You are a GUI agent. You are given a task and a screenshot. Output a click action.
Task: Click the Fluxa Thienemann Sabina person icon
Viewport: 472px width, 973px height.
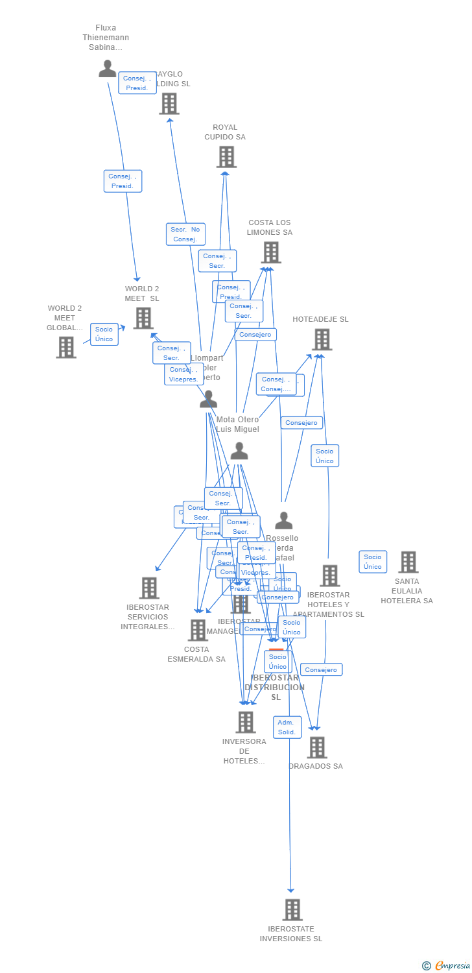pyautogui.click(x=107, y=69)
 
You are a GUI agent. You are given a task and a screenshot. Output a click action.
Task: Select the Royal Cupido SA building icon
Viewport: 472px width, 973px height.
pyautogui.click(x=226, y=157)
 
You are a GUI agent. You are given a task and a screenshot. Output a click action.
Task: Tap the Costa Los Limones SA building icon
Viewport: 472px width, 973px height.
pyautogui.click(x=270, y=252)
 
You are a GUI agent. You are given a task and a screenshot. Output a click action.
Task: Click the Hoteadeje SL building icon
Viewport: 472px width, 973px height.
pyautogui.click(x=322, y=339)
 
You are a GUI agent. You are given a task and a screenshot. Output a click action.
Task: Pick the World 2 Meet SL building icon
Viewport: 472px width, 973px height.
pyautogui.click(x=143, y=318)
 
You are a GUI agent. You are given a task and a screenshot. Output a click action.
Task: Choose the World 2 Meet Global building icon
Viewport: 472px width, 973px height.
pyautogui.click(x=65, y=347)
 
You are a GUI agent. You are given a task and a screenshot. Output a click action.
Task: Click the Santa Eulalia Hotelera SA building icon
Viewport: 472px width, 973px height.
pyautogui.click(x=408, y=562)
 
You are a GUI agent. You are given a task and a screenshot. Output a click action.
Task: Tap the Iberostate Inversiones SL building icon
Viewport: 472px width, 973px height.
pyautogui.click(x=292, y=909)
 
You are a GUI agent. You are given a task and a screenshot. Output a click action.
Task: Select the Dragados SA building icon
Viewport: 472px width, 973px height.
pyautogui.click(x=316, y=747)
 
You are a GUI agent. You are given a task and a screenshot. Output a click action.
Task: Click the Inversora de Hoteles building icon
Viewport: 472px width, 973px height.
pyautogui.click(x=245, y=722)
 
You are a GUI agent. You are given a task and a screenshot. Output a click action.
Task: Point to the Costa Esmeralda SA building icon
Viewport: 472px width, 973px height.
pyautogui.click(x=198, y=630)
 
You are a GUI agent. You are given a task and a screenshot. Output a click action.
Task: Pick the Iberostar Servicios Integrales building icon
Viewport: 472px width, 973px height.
pyautogui.click(x=149, y=588)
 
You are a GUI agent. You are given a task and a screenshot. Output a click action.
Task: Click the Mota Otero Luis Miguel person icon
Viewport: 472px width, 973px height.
pyautogui.click(x=239, y=451)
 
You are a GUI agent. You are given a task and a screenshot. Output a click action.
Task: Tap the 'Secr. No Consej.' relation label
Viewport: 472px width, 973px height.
pyautogui.click(x=185, y=234)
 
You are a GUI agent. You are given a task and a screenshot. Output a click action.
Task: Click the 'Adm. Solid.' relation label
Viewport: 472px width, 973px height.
pyautogui.click(x=287, y=727)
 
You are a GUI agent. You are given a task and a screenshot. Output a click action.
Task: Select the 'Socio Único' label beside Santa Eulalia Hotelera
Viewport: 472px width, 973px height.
pyautogui.click(x=373, y=562)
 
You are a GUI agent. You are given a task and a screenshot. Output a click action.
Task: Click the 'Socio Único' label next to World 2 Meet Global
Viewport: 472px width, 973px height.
pyautogui.click(x=104, y=334)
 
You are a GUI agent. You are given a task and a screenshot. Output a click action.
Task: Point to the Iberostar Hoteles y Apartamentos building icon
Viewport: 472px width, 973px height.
pyautogui.click(x=329, y=575)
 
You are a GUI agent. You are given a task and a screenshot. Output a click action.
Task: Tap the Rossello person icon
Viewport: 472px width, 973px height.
pyautogui.click(x=283, y=520)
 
